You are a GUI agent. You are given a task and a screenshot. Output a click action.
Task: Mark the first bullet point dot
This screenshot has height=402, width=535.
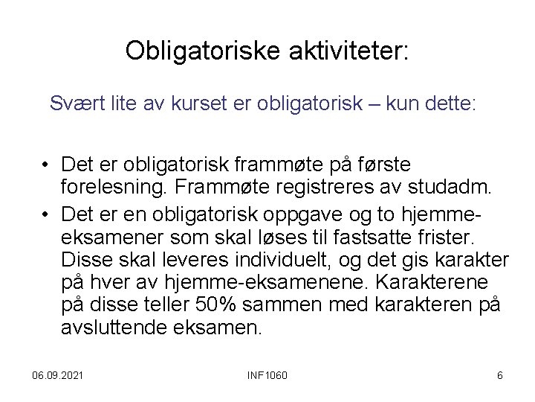tap(46, 164)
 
